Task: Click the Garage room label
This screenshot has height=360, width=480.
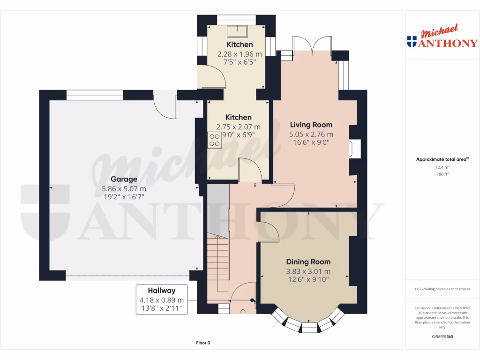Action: coord(124,179)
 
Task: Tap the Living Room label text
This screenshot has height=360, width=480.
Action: coord(311,125)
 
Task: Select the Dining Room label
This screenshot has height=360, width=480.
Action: coord(308,262)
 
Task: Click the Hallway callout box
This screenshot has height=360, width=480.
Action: coord(162,300)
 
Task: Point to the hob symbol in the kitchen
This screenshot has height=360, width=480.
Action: coord(215,140)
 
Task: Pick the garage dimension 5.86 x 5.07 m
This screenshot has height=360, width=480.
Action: coord(124,188)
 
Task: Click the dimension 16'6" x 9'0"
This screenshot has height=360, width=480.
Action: coord(311,142)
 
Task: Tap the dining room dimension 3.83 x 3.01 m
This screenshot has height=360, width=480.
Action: coord(308,271)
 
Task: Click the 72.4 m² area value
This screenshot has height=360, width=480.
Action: coord(442,167)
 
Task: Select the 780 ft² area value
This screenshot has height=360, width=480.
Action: coord(442,174)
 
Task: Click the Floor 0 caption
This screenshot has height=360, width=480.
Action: coord(203,343)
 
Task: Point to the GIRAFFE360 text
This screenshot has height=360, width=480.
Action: coord(442,337)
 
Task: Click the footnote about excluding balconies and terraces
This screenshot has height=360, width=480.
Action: coord(442,289)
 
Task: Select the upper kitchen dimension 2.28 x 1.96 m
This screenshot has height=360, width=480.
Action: coord(240,54)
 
